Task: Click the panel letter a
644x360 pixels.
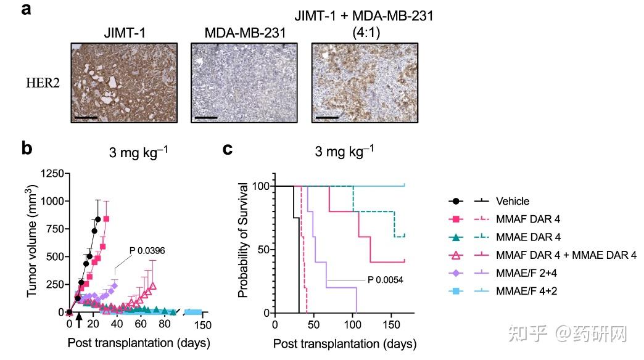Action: (x=27, y=11)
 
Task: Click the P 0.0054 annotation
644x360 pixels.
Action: (x=386, y=280)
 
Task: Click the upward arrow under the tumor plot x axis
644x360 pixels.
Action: (x=78, y=325)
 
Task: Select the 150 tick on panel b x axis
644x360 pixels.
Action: (x=203, y=325)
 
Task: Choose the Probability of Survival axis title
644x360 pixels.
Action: (x=244, y=239)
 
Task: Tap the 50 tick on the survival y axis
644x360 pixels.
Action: (x=263, y=250)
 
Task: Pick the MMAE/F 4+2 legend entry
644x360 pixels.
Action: (x=526, y=291)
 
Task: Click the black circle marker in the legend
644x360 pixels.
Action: (x=456, y=201)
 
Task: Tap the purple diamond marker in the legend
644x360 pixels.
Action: (x=456, y=273)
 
